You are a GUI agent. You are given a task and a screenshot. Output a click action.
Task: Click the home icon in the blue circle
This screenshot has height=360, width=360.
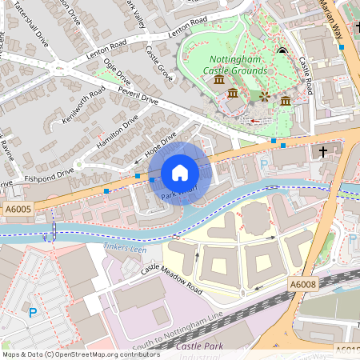(x=180, y=173)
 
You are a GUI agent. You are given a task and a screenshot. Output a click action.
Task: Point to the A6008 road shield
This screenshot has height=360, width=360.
(x=303, y=284)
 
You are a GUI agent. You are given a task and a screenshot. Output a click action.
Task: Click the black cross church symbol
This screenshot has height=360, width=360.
(x=323, y=150)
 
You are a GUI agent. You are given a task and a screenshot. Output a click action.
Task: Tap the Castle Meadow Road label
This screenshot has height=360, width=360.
(x=171, y=282)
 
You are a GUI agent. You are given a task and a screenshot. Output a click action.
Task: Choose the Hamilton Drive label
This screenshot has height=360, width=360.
(x=117, y=130)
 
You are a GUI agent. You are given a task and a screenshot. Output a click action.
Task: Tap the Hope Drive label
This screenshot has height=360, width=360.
(x=159, y=146)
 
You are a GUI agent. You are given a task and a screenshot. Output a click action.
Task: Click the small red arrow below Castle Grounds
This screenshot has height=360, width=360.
(x=254, y=122)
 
